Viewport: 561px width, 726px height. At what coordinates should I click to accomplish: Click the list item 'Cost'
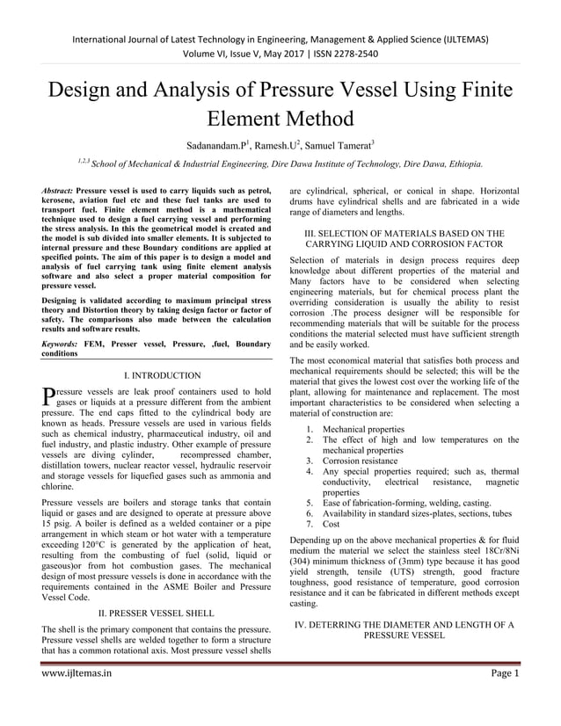(x=331, y=523)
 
